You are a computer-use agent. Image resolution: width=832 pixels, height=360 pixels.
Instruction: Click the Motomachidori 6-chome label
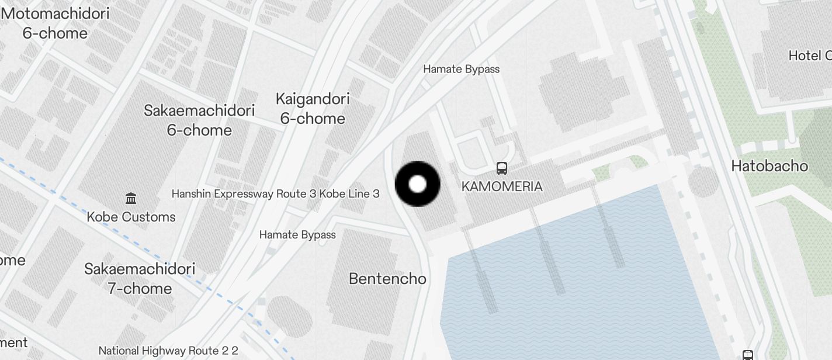pyautogui.click(x=56, y=23)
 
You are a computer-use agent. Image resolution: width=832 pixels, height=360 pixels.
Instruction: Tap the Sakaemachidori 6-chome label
pyautogui.click(x=199, y=120)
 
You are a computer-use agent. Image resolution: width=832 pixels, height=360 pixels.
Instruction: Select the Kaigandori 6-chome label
pyautogui.click(x=313, y=108)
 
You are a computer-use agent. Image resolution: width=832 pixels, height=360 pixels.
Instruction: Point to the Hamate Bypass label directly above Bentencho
pyautogui.click(x=297, y=235)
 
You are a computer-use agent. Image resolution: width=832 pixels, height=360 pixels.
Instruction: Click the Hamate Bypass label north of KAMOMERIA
pyautogui.click(x=461, y=69)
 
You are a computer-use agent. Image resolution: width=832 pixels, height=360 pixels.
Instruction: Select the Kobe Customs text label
pyautogui.click(x=131, y=217)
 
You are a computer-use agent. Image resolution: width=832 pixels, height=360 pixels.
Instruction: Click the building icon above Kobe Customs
pyautogui.click(x=131, y=199)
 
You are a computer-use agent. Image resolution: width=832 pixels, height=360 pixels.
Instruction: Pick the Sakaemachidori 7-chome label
pyautogui.click(x=140, y=278)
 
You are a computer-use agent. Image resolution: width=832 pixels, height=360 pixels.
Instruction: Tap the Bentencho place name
pyautogui.click(x=387, y=279)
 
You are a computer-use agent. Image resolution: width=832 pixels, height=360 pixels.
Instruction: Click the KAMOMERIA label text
pyautogui.click(x=502, y=186)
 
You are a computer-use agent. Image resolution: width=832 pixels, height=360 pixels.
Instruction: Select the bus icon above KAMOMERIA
pyautogui.click(x=501, y=168)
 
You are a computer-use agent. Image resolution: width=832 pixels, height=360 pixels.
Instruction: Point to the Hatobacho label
pyautogui.click(x=769, y=166)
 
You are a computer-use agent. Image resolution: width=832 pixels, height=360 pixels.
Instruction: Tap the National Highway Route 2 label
pyautogui.click(x=168, y=351)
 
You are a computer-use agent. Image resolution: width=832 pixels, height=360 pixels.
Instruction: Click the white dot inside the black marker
pyautogui.click(x=418, y=184)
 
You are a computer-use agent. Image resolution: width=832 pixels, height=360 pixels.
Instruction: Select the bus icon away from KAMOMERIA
pyautogui.click(x=747, y=355)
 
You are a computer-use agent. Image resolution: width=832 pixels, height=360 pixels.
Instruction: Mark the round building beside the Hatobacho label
pyautogui.click(x=703, y=182)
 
